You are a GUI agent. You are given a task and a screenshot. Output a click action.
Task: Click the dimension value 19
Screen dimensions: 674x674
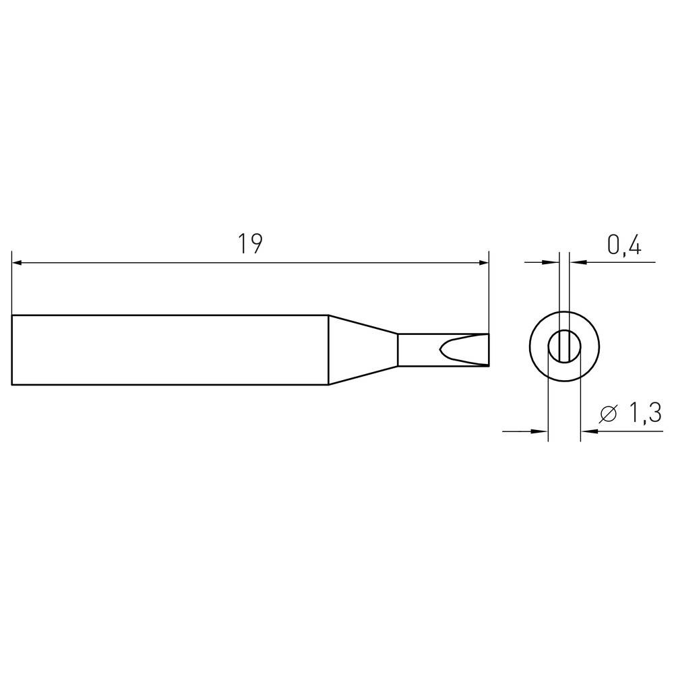point(249,245)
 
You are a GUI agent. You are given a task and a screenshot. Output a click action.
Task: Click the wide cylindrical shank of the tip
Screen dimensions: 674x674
point(168,350)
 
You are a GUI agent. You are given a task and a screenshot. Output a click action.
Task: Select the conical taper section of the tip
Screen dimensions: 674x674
point(361,350)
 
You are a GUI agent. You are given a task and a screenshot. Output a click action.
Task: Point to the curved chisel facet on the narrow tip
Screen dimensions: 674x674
point(445,350)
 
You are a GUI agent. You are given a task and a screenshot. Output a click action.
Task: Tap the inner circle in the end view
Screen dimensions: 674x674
point(564,348)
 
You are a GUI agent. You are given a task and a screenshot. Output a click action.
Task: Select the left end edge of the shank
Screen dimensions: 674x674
point(12,350)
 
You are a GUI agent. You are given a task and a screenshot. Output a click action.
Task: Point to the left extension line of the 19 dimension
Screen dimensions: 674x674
point(12,283)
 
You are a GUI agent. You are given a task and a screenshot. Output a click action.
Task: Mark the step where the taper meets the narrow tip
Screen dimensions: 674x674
point(398,350)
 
